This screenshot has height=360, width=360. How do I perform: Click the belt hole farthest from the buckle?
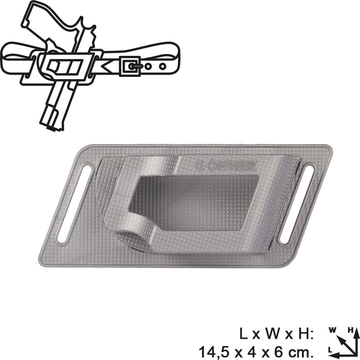pyautogui.click(x=161, y=65)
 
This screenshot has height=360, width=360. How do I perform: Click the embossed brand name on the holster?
pyautogui.click(x=225, y=164)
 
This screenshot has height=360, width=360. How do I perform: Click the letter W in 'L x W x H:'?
pyautogui.click(x=270, y=333)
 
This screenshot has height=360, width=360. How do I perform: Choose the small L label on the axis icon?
pyautogui.click(x=331, y=349)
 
